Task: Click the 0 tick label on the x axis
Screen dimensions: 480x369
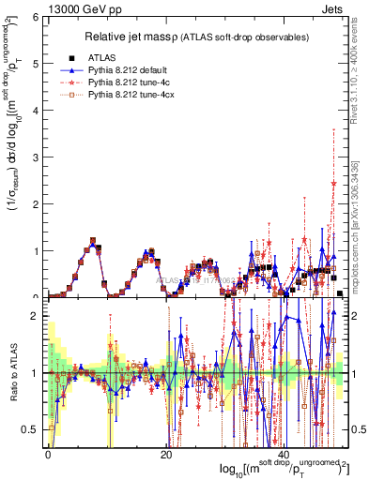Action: (x=48, y=454)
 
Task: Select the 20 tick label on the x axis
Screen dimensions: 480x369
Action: (x=165, y=454)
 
